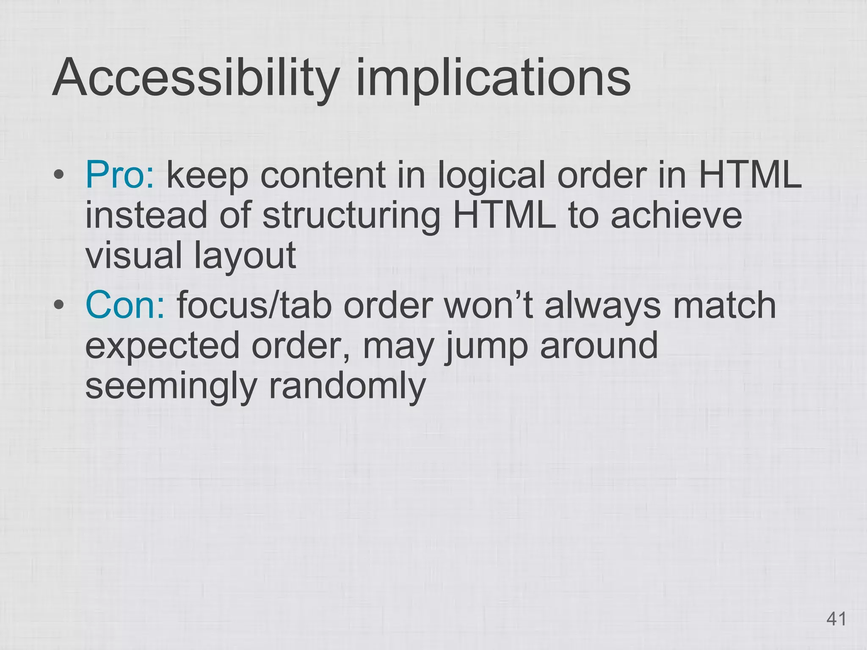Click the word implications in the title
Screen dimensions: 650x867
click(x=493, y=79)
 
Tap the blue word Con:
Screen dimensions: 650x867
click(x=125, y=305)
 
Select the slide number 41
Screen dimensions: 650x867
click(x=836, y=619)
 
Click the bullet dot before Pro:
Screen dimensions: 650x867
click(x=59, y=175)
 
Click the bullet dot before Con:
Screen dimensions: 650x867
click(x=59, y=305)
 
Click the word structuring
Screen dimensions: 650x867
click(x=351, y=215)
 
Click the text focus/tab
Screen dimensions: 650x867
click(x=254, y=305)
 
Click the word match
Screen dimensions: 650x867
click(x=724, y=305)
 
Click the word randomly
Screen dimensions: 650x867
click(x=347, y=386)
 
